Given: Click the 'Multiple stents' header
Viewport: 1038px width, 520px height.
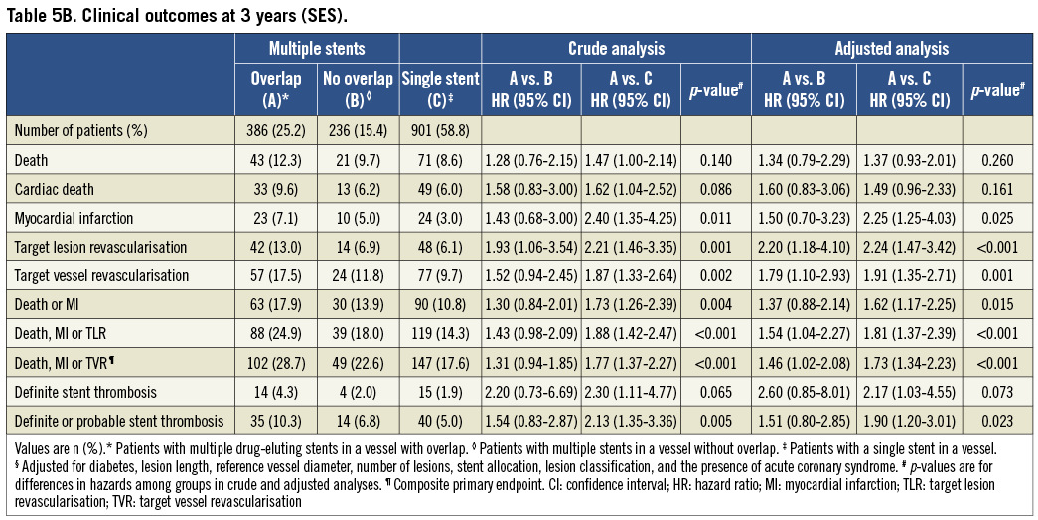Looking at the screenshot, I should (x=317, y=48).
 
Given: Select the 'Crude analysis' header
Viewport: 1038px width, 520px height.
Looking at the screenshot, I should (x=616, y=48).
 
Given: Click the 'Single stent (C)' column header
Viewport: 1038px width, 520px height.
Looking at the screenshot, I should (x=440, y=88).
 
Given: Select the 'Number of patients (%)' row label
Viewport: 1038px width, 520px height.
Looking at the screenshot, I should (x=79, y=131).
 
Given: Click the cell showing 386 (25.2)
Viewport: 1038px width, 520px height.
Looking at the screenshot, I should (x=275, y=131).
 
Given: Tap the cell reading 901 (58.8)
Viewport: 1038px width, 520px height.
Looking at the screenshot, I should (x=440, y=131).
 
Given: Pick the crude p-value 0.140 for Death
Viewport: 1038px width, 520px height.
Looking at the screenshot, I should (x=715, y=159).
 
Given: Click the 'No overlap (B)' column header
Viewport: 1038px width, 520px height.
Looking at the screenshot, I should (x=357, y=88).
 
